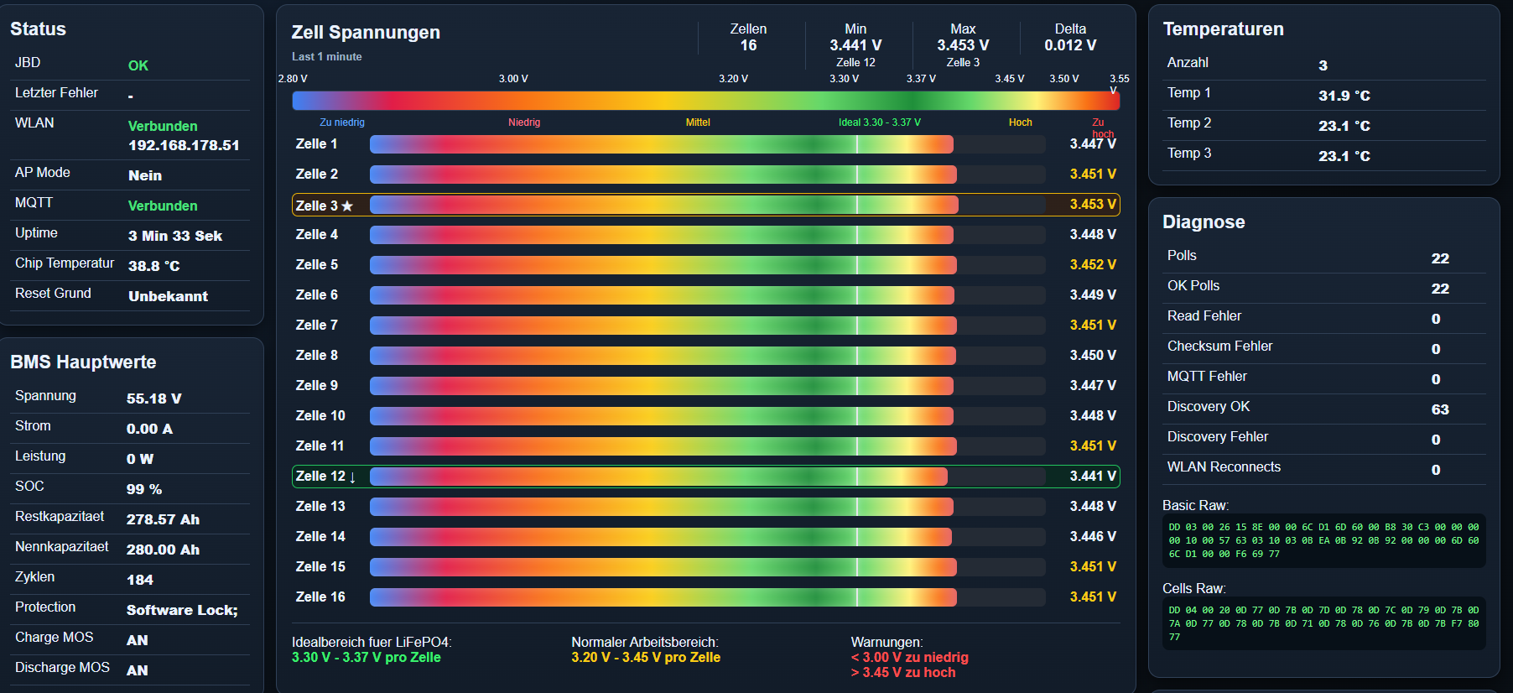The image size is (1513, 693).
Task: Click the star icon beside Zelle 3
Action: (347, 206)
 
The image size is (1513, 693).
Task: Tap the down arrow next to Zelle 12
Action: (352, 477)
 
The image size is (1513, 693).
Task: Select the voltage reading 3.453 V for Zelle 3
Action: (1093, 205)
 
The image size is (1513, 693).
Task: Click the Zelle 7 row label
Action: (317, 326)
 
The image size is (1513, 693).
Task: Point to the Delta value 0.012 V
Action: (1070, 45)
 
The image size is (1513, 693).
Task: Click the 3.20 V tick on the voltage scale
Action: (733, 79)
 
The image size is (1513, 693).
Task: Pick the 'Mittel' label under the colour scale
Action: (698, 122)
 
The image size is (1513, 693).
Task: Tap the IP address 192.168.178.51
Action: (184, 145)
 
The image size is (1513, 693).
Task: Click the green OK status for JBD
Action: (138, 65)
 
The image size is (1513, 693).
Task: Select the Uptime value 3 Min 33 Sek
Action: (175, 236)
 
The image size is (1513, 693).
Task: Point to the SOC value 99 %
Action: (144, 489)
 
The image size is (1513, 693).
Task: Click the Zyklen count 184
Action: (140, 580)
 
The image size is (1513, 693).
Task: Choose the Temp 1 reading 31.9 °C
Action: (1344, 96)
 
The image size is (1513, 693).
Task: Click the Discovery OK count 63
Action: (1440, 409)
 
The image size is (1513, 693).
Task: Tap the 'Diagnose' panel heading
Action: (1204, 222)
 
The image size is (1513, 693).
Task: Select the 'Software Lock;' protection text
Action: (182, 610)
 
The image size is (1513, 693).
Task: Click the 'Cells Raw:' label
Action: (1194, 589)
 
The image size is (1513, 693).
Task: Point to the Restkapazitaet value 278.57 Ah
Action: (163, 519)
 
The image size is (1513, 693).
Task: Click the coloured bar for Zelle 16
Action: (663, 597)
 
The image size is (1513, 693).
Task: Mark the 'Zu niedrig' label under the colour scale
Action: (342, 122)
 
